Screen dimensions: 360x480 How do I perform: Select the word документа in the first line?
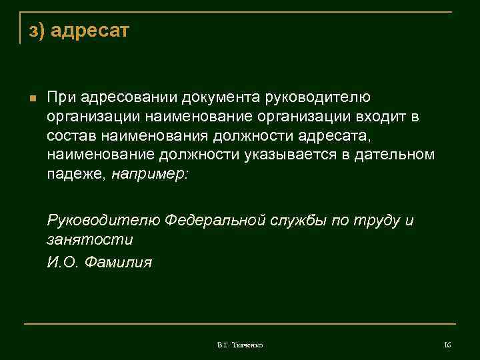(x=224, y=98)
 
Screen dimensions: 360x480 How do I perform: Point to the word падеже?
(x=76, y=174)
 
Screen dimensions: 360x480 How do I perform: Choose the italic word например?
(x=151, y=174)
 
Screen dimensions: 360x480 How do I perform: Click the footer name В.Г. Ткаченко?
(x=239, y=345)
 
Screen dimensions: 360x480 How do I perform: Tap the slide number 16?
(x=447, y=344)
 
